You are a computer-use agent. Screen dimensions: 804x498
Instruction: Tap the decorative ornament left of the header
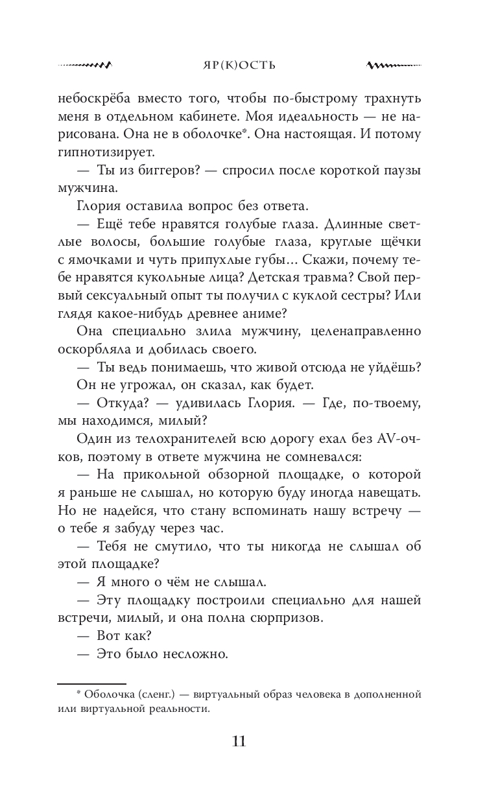point(85,65)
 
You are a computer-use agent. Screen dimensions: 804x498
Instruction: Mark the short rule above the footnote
point(91,683)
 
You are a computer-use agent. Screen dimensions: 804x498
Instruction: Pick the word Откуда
point(124,403)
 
